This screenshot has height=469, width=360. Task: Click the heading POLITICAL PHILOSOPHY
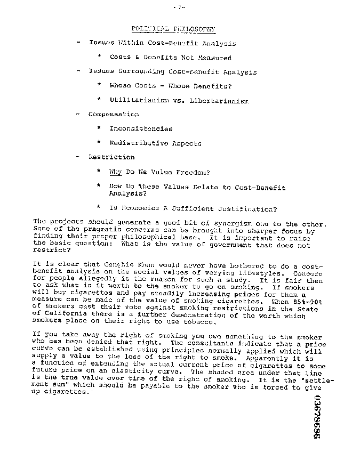pyautogui.click(x=173, y=29)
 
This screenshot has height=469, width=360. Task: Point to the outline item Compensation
pyautogui.click(x=114, y=114)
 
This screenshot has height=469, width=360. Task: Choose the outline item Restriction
pyautogui.click(x=111, y=157)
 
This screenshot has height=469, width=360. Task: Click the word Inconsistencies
pyautogui.click(x=141, y=128)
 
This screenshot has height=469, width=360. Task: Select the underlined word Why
pyautogui.click(x=116, y=172)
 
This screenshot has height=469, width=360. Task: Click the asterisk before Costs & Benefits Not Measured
pyautogui.click(x=99, y=57)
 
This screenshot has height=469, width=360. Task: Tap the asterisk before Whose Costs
pyautogui.click(x=99, y=85)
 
